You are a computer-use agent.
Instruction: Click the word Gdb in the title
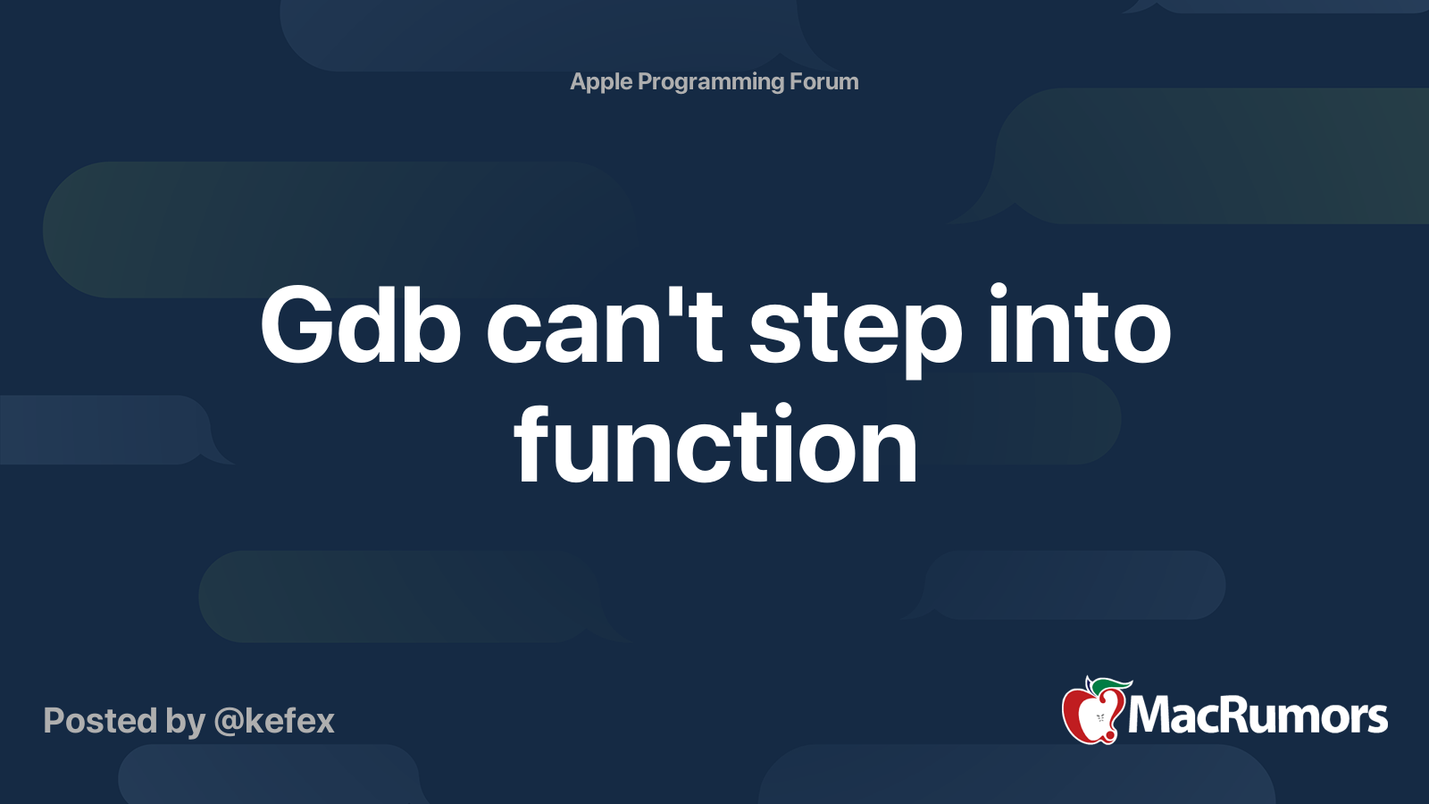coord(361,325)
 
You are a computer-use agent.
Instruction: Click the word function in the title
coord(715,446)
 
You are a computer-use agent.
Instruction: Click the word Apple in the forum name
coord(600,82)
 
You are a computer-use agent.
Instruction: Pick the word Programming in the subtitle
coord(711,82)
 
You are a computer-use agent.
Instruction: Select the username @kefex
coord(274,721)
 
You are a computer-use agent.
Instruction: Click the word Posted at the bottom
coord(101,721)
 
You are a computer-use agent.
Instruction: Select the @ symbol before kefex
coord(229,723)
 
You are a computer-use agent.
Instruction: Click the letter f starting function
coord(532,443)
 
